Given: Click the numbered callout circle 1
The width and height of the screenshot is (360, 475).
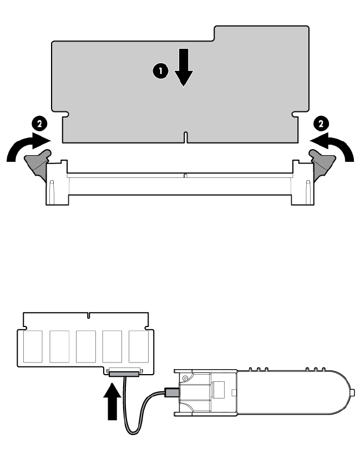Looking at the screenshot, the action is pyautogui.click(x=160, y=71).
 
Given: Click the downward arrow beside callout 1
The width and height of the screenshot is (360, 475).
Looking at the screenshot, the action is pyautogui.click(x=184, y=68).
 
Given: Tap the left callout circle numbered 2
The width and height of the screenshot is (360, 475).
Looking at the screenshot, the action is pyautogui.click(x=39, y=124).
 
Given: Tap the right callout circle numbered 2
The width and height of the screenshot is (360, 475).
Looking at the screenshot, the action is pyautogui.click(x=321, y=124).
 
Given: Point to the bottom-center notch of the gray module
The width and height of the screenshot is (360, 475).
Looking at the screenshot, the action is pyautogui.click(x=185, y=137).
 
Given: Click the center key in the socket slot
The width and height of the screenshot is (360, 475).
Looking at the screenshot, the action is pyautogui.click(x=185, y=175).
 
